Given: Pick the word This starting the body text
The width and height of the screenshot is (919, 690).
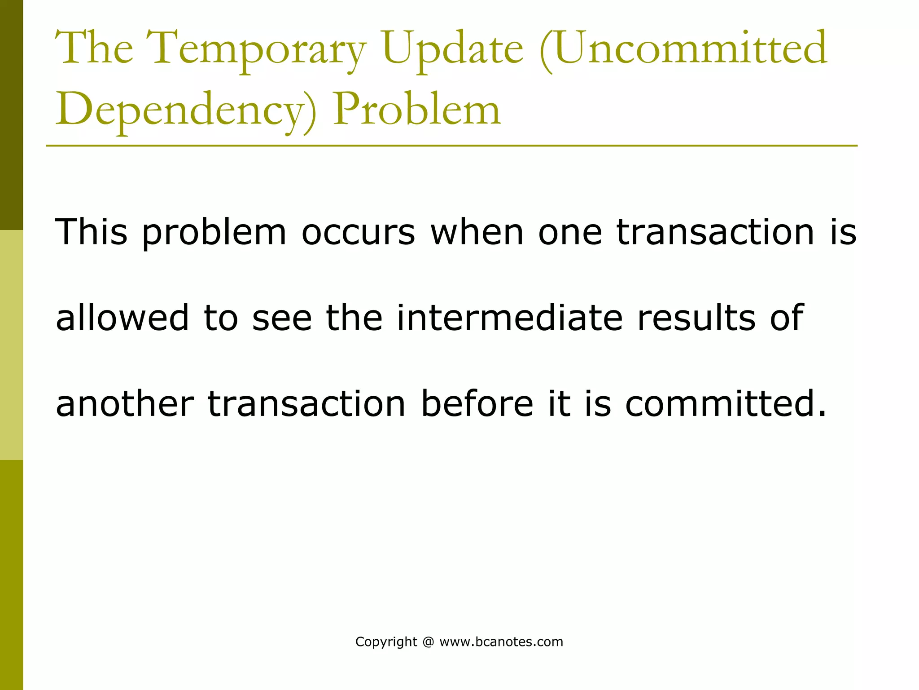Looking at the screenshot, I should [91, 232].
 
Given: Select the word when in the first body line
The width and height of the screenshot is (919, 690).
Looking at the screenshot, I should [477, 232].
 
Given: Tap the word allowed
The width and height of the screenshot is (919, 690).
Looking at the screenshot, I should [122, 318].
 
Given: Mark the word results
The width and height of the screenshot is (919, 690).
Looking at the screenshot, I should [696, 318].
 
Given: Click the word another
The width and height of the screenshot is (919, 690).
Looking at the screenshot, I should [124, 403].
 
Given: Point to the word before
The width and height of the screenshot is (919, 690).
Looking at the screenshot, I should [477, 403].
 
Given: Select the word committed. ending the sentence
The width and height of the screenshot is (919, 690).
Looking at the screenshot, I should [725, 403].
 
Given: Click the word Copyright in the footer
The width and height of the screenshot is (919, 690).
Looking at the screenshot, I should [386, 642].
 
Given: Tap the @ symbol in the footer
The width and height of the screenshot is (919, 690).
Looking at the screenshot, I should [428, 642].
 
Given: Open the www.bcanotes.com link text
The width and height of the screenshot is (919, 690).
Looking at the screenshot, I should [501, 642].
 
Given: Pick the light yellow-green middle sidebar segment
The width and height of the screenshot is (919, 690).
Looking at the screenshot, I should [11, 345].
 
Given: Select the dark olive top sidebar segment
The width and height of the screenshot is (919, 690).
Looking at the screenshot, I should [11, 115].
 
